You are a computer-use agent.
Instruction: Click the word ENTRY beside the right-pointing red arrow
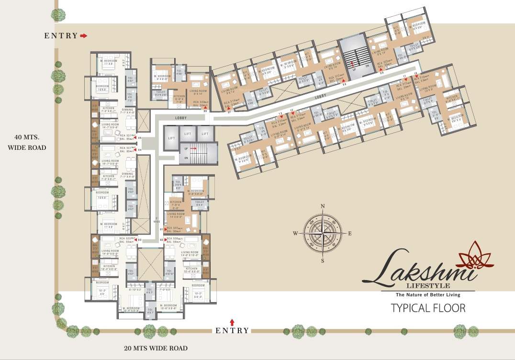[x=61, y=35]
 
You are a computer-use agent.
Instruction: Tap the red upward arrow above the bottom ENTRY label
[x=233, y=322]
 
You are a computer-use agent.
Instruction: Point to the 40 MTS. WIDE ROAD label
[x=27, y=143]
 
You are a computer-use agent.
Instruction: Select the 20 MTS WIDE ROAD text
[x=156, y=348]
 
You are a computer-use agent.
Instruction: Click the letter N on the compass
[x=323, y=206]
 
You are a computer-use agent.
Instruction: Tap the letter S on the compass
[x=323, y=261]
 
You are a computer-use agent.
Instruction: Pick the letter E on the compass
[x=350, y=234]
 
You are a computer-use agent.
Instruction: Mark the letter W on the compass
[x=295, y=234]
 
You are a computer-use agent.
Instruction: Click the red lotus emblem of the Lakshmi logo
[x=475, y=256]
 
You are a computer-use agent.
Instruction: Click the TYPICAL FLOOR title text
[x=428, y=308]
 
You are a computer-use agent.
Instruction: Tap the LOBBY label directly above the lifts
[x=181, y=117]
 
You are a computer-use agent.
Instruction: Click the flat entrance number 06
[x=205, y=111]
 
